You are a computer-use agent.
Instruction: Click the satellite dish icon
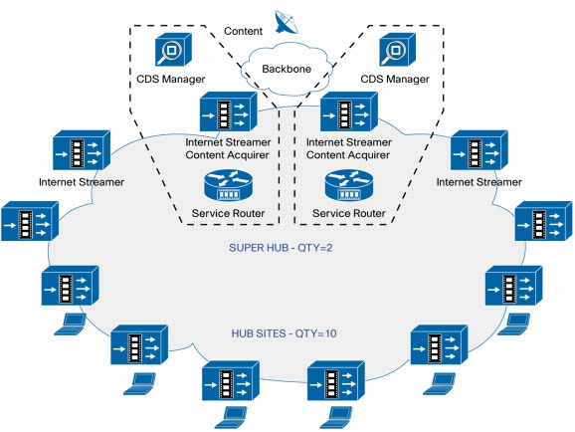pos(287,22)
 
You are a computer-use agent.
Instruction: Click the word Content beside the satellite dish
pos(243,31)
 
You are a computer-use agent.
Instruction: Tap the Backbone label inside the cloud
pos(287,69)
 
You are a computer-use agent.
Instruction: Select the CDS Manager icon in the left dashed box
pos(173,50)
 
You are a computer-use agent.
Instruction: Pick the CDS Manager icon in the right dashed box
pos(397,50)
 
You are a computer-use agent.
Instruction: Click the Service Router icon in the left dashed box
pos(228,185)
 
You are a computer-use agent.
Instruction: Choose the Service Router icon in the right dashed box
pos(349,185)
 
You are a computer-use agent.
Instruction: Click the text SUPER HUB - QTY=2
pos(281,248)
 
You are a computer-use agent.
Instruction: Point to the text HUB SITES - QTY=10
pos(284,333)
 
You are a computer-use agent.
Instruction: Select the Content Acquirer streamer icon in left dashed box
pos(228,111)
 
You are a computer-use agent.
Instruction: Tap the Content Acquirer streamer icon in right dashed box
pos(349,111)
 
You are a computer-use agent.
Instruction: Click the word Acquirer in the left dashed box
pos(249,155)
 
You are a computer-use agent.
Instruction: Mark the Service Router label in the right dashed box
pos(349,213)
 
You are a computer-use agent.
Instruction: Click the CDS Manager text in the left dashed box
pos(170,79)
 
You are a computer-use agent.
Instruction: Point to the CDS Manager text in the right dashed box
pos(395,79)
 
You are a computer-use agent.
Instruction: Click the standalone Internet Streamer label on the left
pos(82,182)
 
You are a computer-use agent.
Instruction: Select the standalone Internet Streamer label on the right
pos(479,182)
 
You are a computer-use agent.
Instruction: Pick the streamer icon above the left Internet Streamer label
pos(82,150)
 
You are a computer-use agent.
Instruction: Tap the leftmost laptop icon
pos(70,324)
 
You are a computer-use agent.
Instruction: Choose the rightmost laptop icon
pos(513,324)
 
